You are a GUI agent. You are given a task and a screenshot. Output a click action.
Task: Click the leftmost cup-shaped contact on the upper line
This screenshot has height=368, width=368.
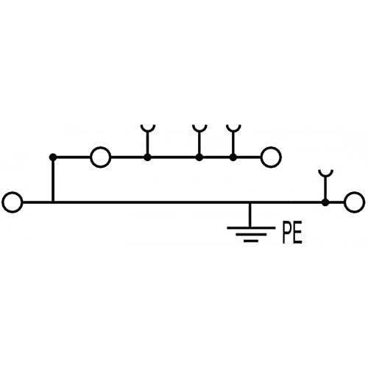tap(148, 130)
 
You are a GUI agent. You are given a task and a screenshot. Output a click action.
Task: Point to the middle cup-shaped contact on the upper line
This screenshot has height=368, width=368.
tap(199, 130)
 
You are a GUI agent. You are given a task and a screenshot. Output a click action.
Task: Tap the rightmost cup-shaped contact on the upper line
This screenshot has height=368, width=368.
tap(233, 130)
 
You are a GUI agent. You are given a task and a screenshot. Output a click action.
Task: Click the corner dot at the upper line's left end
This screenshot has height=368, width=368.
tap(53, 157)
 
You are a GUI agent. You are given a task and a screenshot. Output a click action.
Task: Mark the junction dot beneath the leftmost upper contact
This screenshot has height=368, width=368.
tap(147, 158)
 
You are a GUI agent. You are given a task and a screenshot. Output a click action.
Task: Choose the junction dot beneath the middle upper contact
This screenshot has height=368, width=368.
tap(199, 158)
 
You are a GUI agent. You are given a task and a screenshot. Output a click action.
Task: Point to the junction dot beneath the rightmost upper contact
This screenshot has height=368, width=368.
tap(233, 158)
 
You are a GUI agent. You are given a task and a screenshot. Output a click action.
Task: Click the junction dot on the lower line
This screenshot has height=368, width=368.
tap(325, 202)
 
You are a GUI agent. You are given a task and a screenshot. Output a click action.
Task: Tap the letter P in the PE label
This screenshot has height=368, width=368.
tap(286, 233)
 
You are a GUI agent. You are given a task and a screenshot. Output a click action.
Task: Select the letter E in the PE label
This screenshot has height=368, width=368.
tap(298, 233)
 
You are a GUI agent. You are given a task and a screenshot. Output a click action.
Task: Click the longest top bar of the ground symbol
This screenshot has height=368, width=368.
tap(251, 228)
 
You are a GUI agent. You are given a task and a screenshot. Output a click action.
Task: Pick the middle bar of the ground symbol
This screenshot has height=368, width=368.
tap(251, 235)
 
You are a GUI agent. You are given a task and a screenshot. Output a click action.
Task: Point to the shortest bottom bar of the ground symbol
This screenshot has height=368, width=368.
tap(251, 241)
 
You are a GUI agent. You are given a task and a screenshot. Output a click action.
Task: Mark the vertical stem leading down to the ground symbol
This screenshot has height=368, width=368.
tap(250, 215)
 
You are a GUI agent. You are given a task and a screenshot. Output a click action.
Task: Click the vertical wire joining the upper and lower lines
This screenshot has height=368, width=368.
tap(53, 180)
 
